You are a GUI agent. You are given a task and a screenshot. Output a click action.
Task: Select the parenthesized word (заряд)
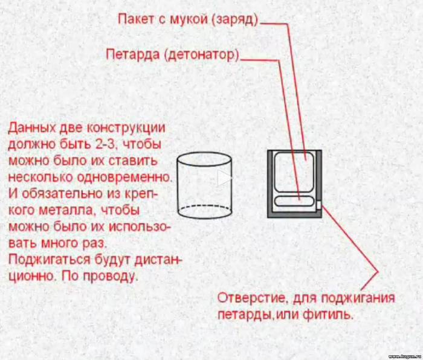234,20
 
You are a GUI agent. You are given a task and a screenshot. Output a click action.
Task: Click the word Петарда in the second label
133,54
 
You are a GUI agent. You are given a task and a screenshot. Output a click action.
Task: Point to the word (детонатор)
202,55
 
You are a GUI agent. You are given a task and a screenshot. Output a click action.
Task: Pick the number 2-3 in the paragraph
106,144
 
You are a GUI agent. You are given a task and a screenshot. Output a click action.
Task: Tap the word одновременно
125,177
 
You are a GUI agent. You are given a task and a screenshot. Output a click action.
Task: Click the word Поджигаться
50,260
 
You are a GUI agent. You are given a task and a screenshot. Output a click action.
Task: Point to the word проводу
109,277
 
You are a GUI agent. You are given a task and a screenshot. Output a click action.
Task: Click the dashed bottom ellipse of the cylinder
204,207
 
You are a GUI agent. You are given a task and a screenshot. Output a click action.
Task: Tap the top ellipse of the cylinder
204,153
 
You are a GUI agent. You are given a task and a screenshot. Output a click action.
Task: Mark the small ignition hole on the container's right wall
318,205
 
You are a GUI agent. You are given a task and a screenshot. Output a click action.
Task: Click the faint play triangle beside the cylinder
224,178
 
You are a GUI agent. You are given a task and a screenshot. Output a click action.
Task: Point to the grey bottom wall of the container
295,214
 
